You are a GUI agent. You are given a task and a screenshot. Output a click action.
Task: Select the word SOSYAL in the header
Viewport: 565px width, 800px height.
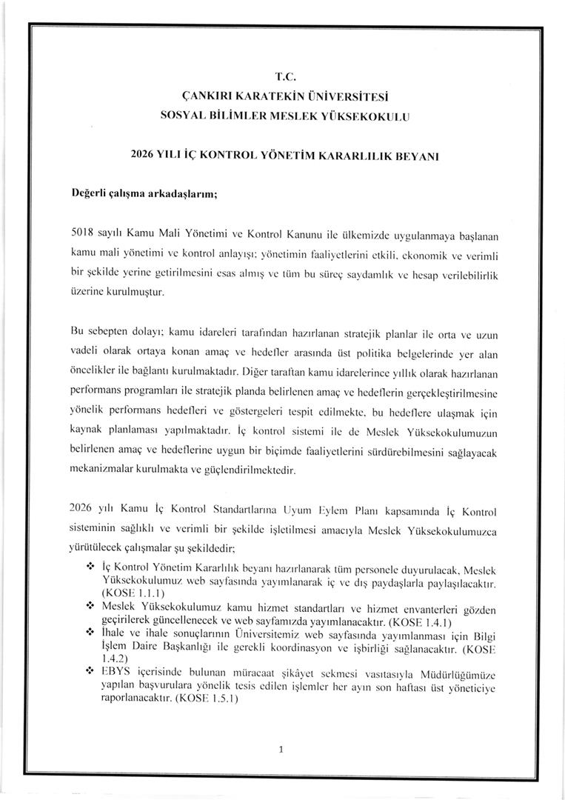pyautogui.click(x=182, y=116)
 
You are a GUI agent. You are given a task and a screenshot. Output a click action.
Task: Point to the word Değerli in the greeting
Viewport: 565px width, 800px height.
pyautogui.click(x=90, y=193)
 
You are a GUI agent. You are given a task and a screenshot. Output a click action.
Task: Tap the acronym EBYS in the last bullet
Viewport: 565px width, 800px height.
pyautogui.click(x=114, y=670)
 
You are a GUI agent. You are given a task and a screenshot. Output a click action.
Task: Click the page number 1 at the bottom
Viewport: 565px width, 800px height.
pyautogui.click(x=282, y=749)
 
